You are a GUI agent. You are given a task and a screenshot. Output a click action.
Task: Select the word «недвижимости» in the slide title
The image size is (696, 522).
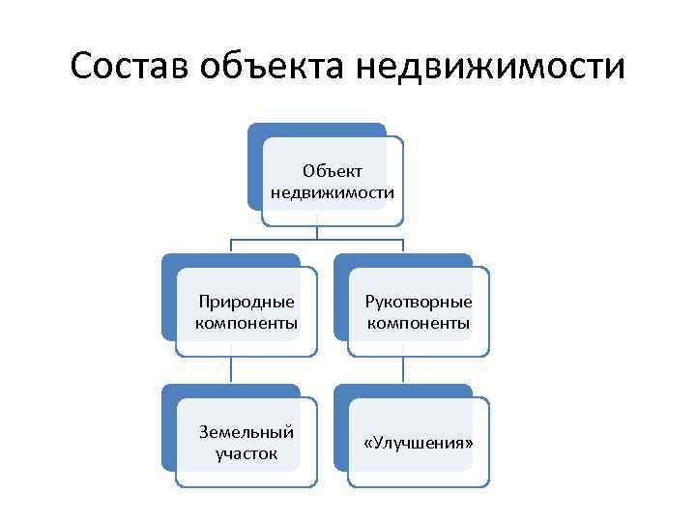(490, 69)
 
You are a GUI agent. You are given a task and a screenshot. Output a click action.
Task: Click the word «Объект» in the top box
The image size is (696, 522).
(333, 171)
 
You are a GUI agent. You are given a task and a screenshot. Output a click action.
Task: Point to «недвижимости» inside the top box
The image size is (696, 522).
(333, 192)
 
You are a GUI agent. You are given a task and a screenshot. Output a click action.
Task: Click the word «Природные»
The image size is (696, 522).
(246, 303)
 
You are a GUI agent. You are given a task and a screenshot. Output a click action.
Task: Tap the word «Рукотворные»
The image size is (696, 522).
(419, 303)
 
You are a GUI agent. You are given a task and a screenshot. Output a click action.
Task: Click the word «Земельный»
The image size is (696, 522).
(246, 432)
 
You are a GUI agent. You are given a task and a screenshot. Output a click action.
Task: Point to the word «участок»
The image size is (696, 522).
(246, 453)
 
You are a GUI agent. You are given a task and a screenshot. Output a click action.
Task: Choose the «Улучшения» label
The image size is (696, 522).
(419, 443)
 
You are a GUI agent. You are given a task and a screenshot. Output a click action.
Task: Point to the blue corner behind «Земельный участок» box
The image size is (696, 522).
(172, 396)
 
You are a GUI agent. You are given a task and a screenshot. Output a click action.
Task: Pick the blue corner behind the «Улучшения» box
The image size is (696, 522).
(344, 396)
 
